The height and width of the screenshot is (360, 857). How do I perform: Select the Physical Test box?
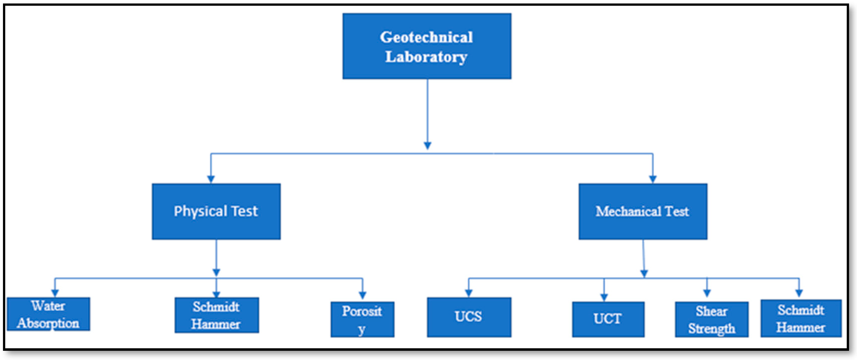[216, 211]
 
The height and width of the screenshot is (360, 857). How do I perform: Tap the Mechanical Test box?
[643, 211]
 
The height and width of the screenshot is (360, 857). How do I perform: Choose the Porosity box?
[362, 319]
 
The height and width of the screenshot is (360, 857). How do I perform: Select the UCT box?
[608, 319]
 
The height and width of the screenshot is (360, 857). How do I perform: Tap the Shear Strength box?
[712, 319]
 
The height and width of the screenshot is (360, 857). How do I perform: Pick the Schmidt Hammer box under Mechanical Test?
[801, 318]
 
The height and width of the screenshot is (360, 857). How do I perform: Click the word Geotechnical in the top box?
[426, 37]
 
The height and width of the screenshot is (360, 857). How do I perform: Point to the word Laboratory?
[426, 57]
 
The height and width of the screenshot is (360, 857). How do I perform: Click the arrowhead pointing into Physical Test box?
[211, 179]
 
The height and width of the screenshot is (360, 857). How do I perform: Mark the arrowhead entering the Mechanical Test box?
[653, 179]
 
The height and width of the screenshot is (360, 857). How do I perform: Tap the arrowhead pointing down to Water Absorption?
[55, 293]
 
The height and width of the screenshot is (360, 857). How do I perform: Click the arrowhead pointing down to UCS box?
[469, 293]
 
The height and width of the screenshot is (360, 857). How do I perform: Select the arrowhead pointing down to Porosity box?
[363, 295]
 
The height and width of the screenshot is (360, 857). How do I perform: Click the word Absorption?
[49, 323]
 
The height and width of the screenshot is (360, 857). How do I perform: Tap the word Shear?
[712, 311]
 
